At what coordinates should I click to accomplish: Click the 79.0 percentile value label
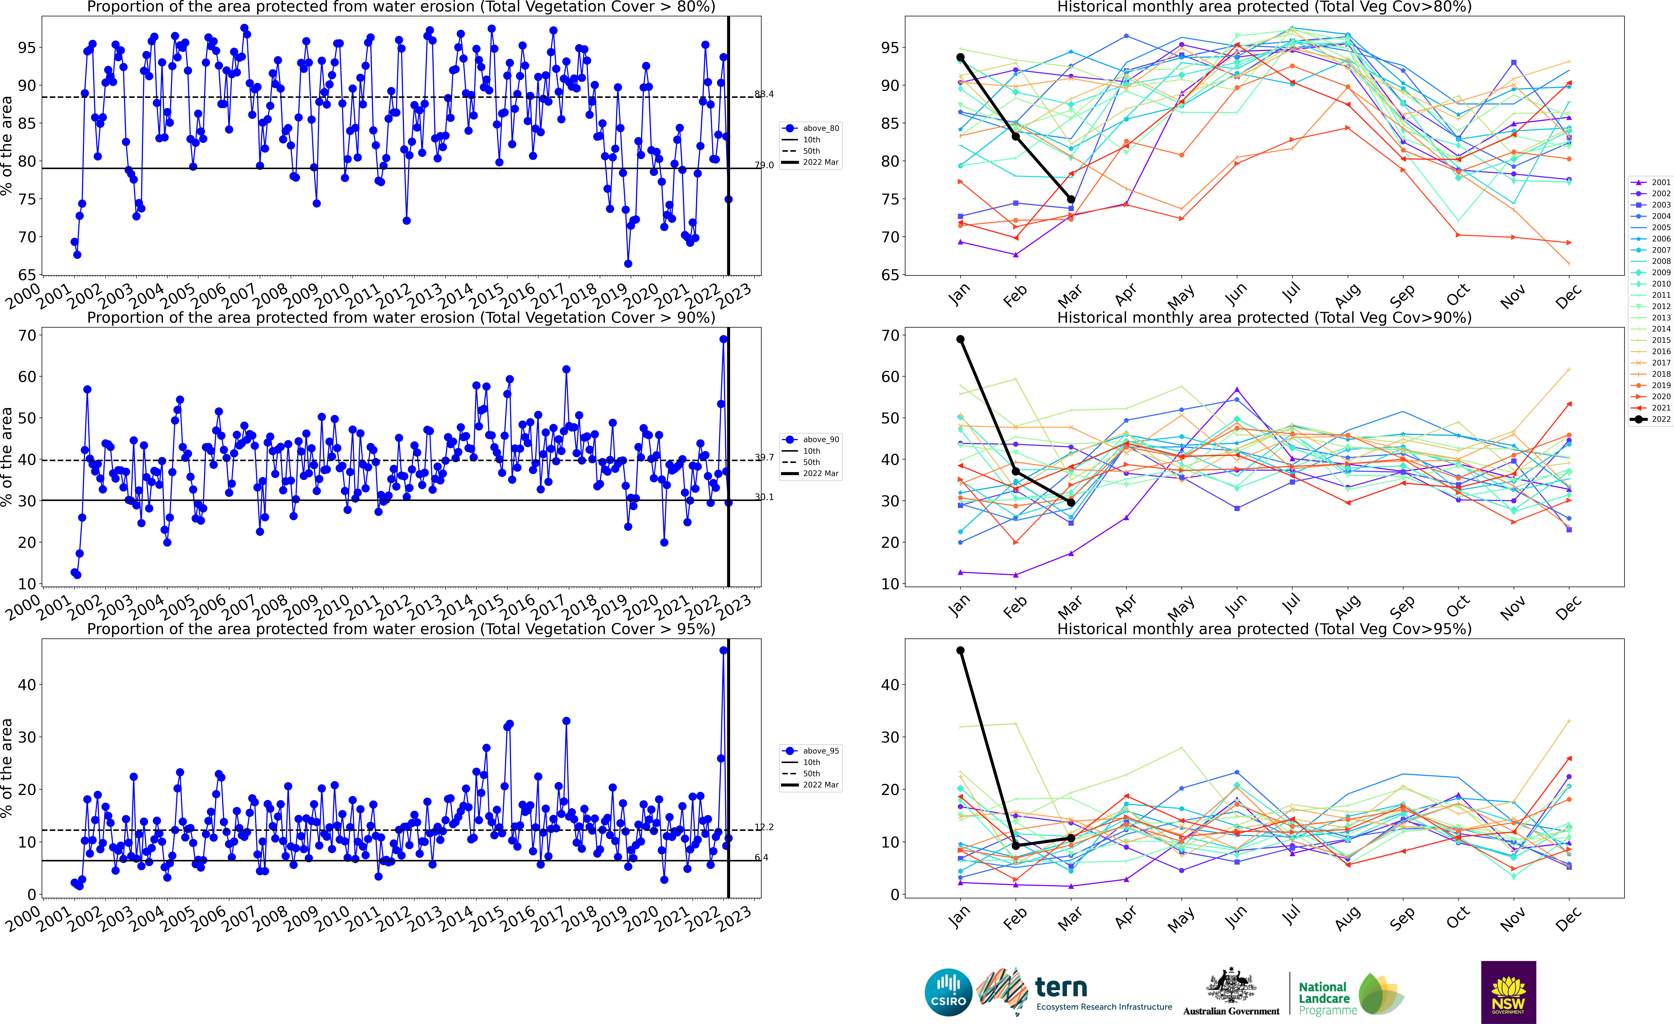tap(764, 165)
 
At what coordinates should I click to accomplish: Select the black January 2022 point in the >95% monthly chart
tap(960, 650)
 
